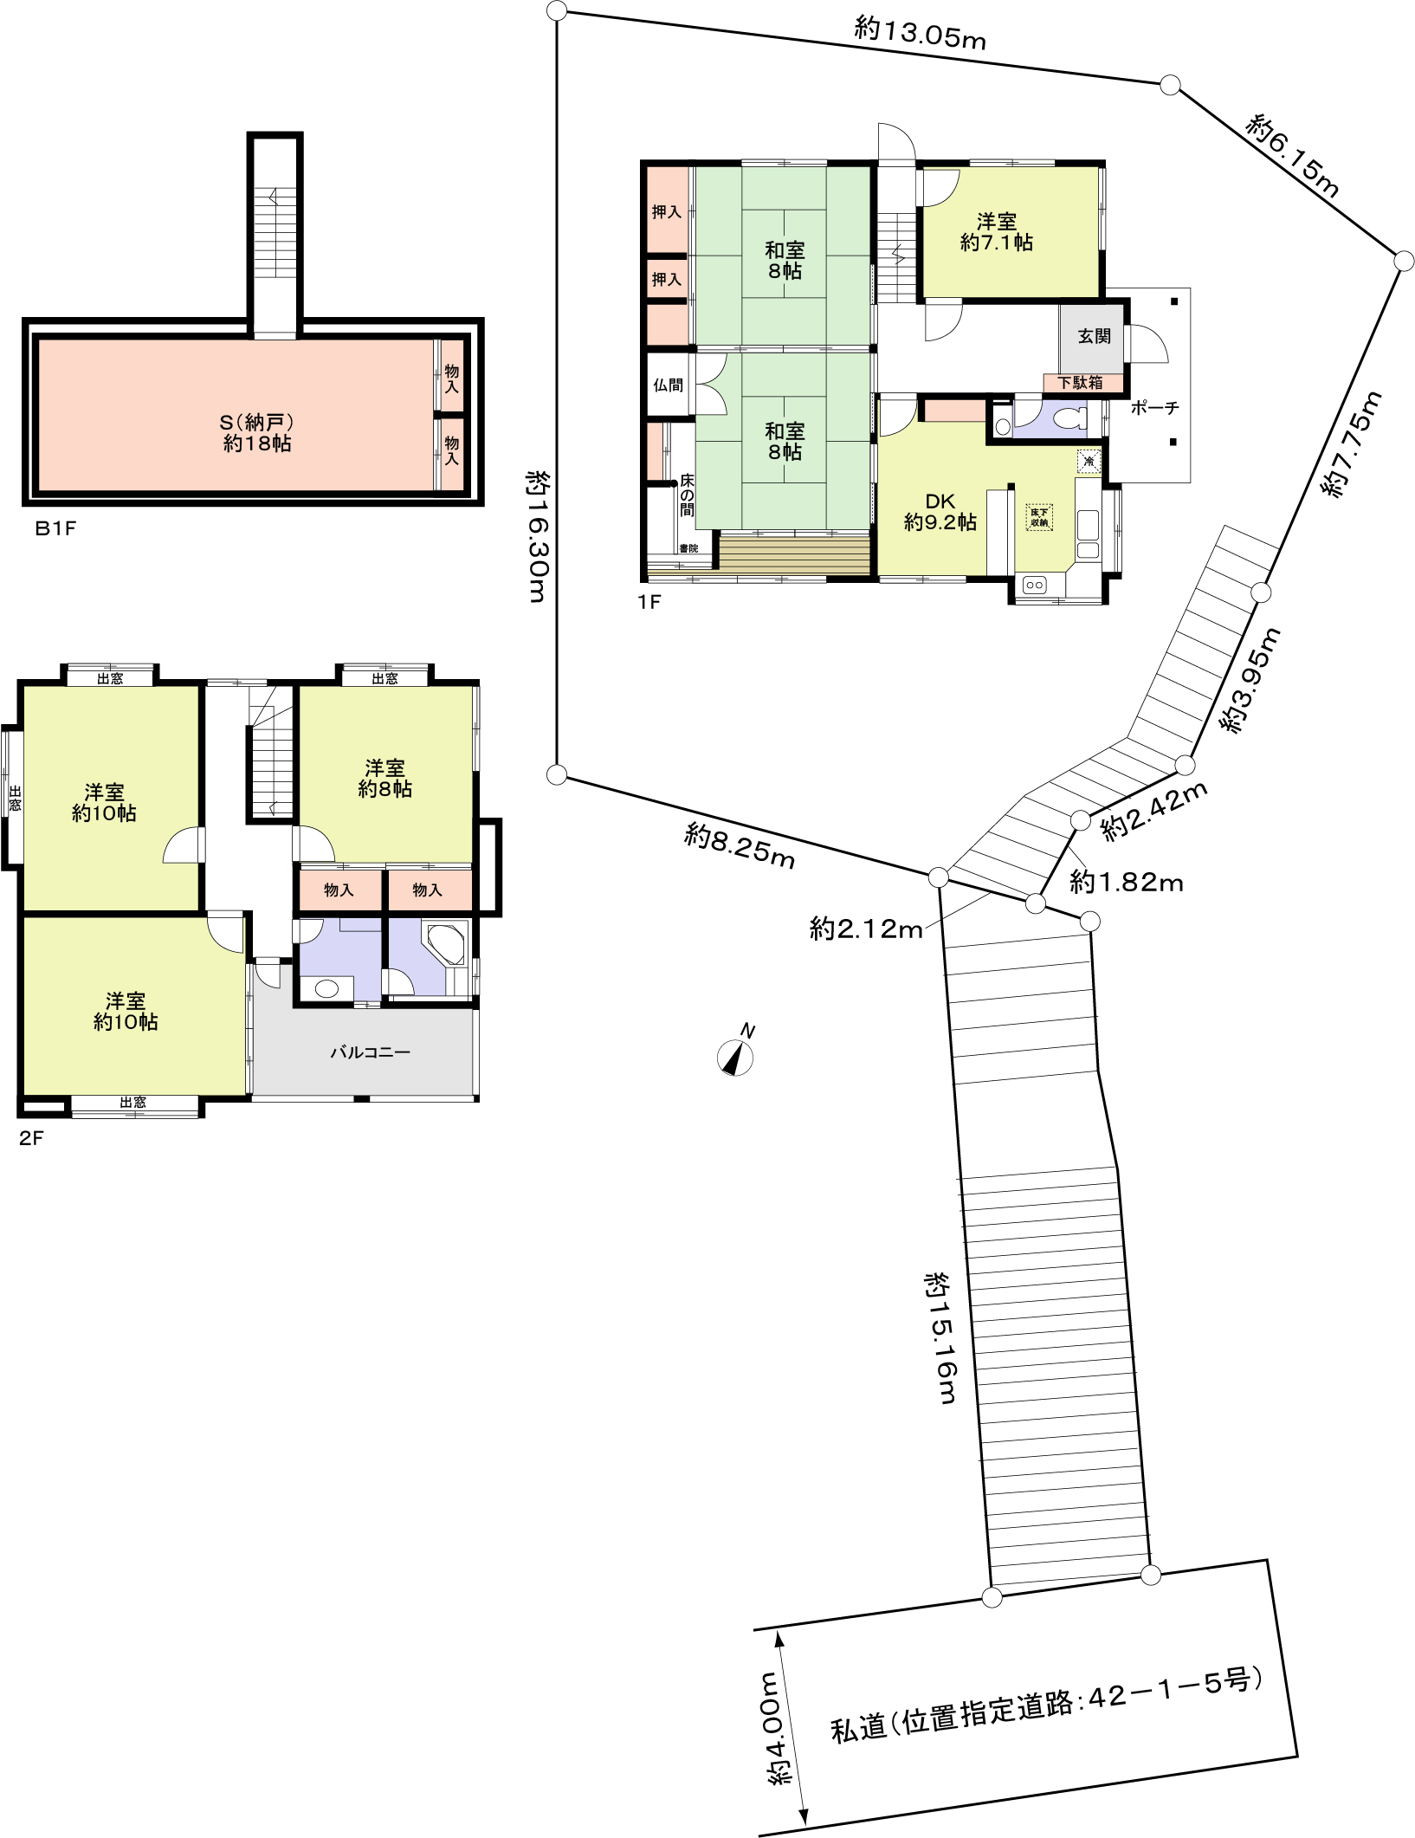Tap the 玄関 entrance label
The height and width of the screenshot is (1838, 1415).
pos(1094,336)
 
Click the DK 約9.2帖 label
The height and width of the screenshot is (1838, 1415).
pos(940,512)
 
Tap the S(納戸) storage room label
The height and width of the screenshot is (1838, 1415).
pos(257,433)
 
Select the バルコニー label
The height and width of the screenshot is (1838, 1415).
pos(370,1052)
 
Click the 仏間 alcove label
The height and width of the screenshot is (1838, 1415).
pos(668,385)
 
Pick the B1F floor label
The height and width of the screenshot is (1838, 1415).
pos(55,527)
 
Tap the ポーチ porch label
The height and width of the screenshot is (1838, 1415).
pos(1154,408)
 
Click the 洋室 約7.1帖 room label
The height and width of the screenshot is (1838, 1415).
pos(996,232)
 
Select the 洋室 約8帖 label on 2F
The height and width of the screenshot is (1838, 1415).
pos(384,778)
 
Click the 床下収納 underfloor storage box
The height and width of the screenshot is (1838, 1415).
pos(1039,517)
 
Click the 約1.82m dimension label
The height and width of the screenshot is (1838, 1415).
pos(1126,882)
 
